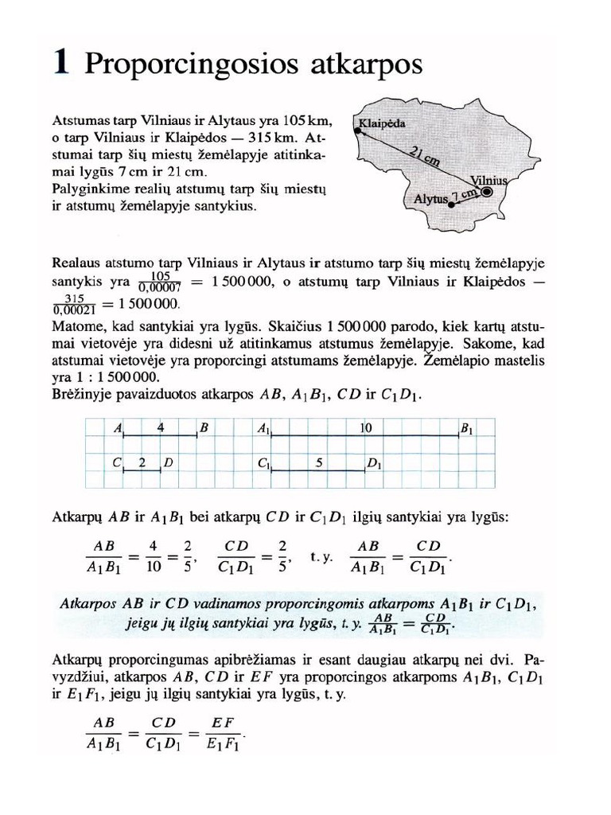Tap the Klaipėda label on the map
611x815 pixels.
(382, 124)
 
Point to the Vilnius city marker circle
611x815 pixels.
(487, 192)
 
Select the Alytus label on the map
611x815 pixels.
(430, 200)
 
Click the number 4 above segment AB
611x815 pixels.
(162, 427)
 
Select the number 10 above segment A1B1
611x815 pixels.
(366, 427)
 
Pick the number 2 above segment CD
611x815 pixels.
(142, 462)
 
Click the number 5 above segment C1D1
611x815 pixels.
(317, 462)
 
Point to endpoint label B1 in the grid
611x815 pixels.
(467, 430)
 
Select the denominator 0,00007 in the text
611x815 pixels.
(162, 288)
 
